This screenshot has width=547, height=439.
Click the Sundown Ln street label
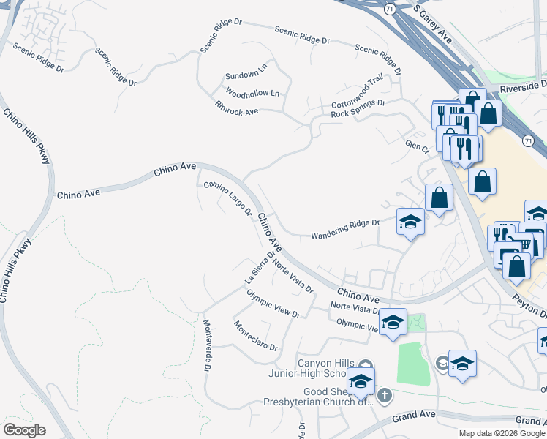(241, 75)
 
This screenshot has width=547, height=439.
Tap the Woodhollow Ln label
(252, 94)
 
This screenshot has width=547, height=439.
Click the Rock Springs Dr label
(358, 108)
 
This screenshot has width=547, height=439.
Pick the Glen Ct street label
(417, 147)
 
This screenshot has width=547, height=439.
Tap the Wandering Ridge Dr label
(345, 230)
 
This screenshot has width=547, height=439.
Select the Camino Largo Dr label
(227, 198)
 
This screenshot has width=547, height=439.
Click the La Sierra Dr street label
(260, 269)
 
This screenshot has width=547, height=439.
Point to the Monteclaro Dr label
(255, 336)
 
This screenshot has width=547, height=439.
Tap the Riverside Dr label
(523, 87)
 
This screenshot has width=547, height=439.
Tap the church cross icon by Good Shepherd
(384, 396)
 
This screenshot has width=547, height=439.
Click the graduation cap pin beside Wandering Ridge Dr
(410, 221)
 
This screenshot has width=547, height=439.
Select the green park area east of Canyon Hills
(413, 362)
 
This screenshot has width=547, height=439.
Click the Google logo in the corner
(24, 430)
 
